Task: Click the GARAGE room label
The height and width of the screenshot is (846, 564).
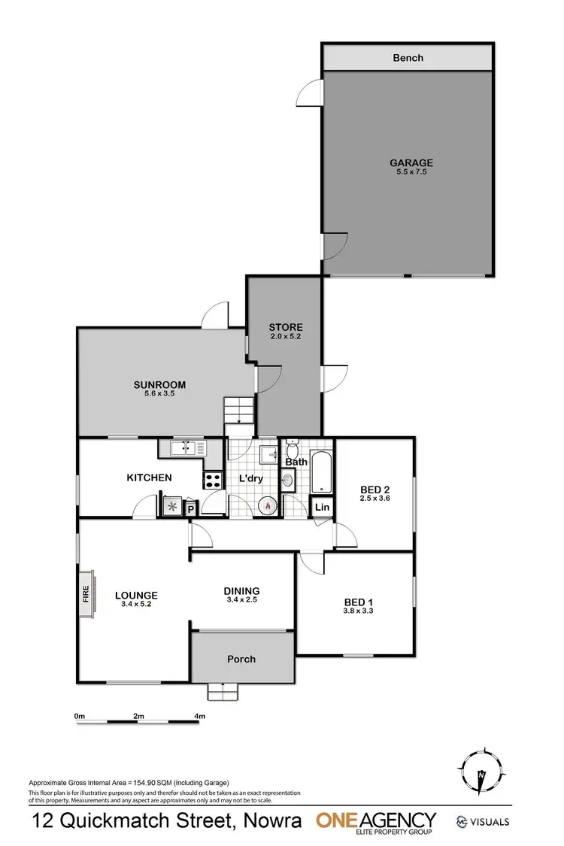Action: pos(411,162)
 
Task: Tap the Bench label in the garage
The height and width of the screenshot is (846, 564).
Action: pos(408,58)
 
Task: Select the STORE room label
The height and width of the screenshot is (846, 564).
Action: pos(286,327)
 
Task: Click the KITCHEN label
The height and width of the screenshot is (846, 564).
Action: pos(149,478)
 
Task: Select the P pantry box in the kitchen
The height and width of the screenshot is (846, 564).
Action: pos(190,508)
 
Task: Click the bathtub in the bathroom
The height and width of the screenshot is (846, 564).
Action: pos(322,472)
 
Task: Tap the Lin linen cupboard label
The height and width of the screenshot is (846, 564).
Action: pos(322,508)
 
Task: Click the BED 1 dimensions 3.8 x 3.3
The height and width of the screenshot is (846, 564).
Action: pos(358,611)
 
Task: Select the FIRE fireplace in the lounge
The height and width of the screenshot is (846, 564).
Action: pos(85,594)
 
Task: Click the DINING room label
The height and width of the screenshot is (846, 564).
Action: pos(241,591)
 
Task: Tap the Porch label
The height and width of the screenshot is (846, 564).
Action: pos(241,659)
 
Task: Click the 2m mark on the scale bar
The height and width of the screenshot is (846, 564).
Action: pos(138,717)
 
